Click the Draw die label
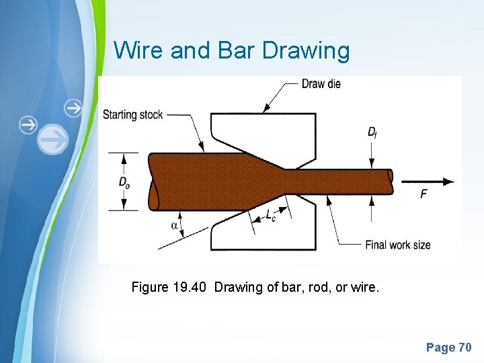click(321, 84)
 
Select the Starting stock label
click(132, 115)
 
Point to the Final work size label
click(397, 245)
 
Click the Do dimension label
click(124, 182)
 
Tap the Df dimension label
click(372, 132)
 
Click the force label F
click(424, 194)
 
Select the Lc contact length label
click(270, 216)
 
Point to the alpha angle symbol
click(175, 225)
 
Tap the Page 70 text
click(448, 348)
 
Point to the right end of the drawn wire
click(391, 181)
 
